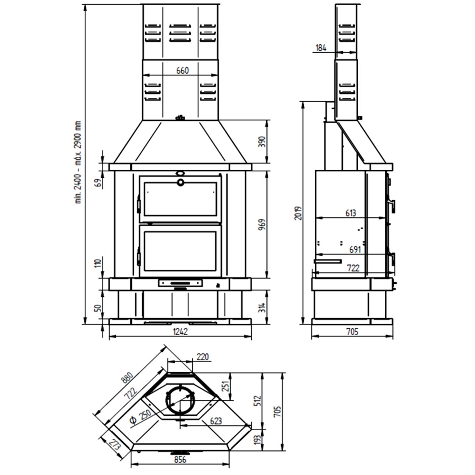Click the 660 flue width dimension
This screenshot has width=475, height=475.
[x=182, y=70]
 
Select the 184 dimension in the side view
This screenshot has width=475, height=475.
[x=321, y=48]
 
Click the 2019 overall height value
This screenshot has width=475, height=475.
[x=299, y=213]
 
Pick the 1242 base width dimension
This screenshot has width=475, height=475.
[x=180, y=332]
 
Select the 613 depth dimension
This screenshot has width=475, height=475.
[x=350, y=213]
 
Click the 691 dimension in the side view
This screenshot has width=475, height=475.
[x=356, y=250]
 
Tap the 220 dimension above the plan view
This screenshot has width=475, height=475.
[x=202, y=357]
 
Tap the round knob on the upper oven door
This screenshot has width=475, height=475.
[x=180, y=182]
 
